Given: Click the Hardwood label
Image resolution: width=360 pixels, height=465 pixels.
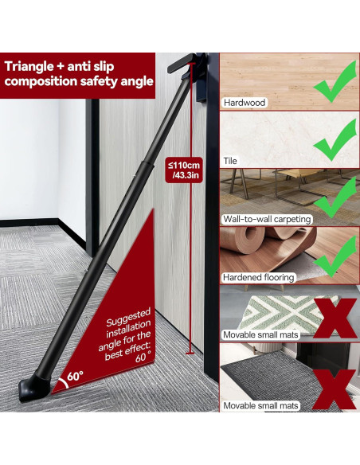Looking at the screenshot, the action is tap(245, 103).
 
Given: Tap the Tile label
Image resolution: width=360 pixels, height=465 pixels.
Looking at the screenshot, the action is tap(230, 161).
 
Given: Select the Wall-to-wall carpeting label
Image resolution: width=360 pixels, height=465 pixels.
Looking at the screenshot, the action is tap(267, 219).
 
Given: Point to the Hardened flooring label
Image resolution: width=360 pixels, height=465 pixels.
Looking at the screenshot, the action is tap(259, 278).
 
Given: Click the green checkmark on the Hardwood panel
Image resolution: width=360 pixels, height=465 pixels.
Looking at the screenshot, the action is tap(335, 82).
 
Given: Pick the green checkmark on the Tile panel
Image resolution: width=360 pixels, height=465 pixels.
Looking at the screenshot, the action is tap(335, 140).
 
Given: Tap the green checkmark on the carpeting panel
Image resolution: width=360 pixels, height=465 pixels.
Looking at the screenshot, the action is tap(335, 197).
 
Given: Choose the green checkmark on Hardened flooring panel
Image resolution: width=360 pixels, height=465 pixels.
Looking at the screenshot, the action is tap(335, 256).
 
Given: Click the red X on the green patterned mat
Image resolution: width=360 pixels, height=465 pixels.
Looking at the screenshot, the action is tap(335, 318).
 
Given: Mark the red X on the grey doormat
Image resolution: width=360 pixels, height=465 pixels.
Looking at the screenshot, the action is tap(335, 389).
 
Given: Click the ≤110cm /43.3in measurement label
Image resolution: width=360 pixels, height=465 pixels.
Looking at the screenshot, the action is tap(184, 170).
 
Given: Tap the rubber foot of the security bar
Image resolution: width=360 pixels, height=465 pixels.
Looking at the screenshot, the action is tap(34, 387).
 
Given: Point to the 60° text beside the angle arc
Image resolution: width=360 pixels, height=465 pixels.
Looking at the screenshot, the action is tap(75, 376).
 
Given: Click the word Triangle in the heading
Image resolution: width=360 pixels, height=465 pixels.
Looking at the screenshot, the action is tap(29, 67).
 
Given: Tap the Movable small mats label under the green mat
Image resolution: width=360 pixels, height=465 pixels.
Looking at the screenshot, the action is tap(260, 334).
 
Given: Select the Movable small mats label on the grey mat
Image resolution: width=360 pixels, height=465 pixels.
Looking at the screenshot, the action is tap(260, 406).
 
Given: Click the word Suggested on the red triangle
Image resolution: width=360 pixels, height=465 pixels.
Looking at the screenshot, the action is tap(128, 317).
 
